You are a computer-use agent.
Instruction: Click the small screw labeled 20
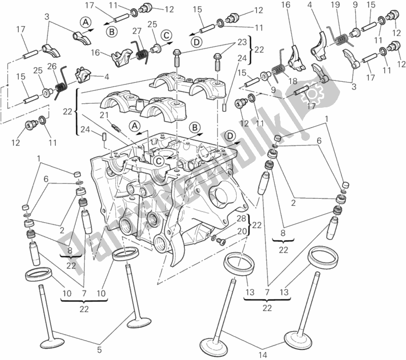click(x=220, y=241)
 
